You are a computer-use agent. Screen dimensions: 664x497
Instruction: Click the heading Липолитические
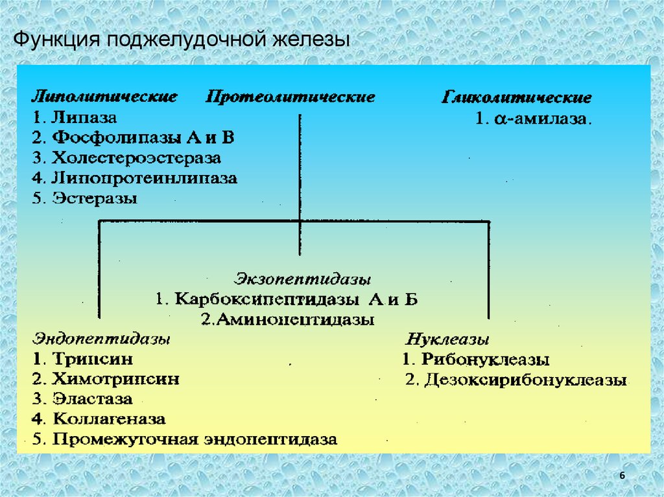click(x=105, y=97)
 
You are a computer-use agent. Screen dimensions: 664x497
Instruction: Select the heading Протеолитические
click(x=290, y=97)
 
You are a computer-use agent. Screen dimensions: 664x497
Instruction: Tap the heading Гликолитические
click(x=517, y=98)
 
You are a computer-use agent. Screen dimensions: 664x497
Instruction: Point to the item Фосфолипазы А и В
click(x=133, y=138)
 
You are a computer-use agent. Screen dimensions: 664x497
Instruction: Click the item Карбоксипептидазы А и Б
click(x=287, y=300)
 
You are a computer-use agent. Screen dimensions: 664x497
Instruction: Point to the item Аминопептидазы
click(x=287, y=319)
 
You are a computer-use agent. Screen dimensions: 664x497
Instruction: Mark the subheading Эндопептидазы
click(x=102, y=339)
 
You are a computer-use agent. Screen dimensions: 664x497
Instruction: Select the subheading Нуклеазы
click(x=447, y=339)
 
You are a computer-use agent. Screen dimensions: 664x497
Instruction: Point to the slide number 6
click(x=622, y=476)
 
